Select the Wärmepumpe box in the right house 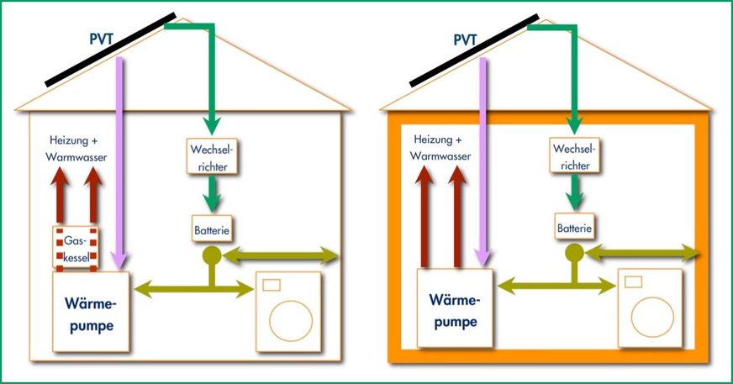point(453,311)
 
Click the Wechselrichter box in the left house point(210,156)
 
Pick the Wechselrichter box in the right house point(573,156)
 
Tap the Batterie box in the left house point(211,227)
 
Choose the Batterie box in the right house point(574,227)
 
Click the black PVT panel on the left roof point(109,50)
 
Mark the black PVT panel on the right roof point(473,50)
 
